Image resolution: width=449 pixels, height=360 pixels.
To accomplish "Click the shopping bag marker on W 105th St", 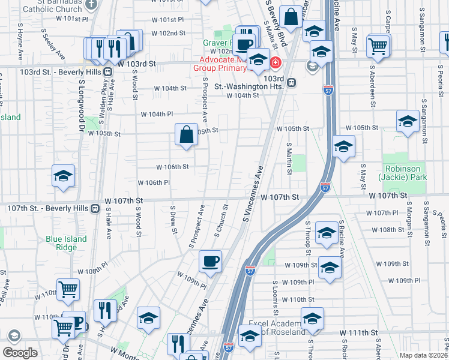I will coord(187,134).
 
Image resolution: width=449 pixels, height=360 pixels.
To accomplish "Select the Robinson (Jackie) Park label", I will coord(403,173).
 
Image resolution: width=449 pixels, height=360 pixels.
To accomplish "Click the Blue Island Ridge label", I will coord(66,243).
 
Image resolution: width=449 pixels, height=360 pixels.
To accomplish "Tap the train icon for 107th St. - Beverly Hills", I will coord(95,208).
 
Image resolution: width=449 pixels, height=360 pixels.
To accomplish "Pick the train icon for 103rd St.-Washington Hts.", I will coord(291,83).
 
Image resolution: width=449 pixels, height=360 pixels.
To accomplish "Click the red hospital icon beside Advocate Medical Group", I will coord(276,62).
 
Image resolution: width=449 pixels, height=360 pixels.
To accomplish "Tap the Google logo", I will coord(20,352).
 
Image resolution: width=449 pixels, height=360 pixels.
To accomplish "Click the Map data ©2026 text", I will coord(420,355).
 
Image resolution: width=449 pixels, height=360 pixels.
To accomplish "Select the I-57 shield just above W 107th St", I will coord(325,187).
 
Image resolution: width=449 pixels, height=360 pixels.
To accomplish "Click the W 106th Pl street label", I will coord(154,182).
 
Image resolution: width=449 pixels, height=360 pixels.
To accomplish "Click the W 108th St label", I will coord(388,230).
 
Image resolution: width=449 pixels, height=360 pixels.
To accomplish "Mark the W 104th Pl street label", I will coord(157,114).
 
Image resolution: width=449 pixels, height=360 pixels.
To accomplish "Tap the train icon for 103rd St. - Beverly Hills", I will coord(107,71).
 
